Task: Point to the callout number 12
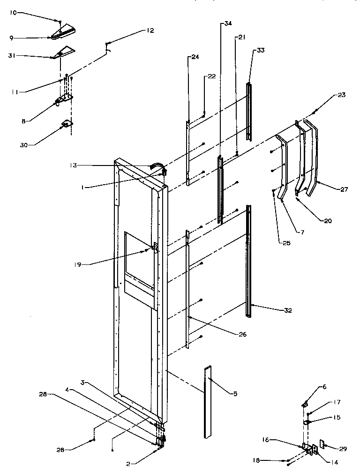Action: point(150,31)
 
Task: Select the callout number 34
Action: point(228,23)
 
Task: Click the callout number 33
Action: point(260,50)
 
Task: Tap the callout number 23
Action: point(341,95)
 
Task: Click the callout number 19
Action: point(77,264)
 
